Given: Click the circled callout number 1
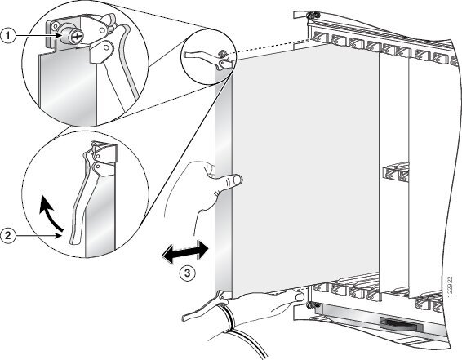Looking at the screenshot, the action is pos(8,36).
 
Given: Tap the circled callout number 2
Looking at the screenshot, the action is pos(8,235).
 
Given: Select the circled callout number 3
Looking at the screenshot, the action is pos(188,273).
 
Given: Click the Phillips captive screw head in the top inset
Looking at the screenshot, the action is pos(77,37).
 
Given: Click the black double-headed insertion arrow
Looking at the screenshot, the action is pos(185,252).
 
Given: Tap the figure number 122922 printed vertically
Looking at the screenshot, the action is pos(450,287).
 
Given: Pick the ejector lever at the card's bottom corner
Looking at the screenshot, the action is pos(203,306).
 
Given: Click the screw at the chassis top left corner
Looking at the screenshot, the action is pos(313,15).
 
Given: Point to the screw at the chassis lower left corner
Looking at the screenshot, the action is pos(310,305).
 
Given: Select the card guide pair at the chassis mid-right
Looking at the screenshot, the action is pos(396,173).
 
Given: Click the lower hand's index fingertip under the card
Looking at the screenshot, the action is pos(300,296).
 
